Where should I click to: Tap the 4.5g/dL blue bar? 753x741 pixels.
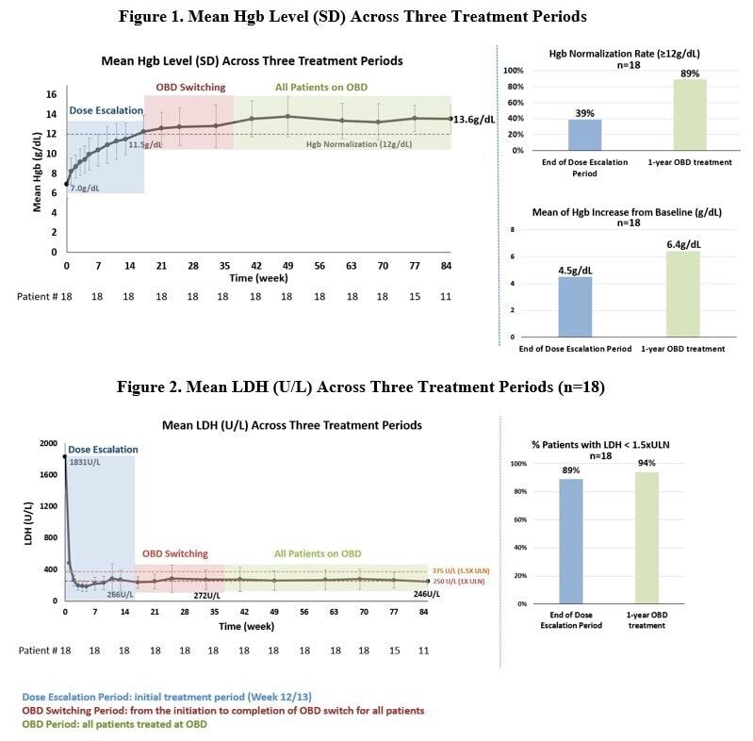point(575,306)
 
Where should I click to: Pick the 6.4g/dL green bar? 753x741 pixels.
point(683,293)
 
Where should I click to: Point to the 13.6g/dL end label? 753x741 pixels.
point(474,120)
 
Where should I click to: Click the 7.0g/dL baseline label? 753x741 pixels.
point(85,189)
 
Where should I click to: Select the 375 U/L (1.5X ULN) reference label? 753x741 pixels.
point(462,570)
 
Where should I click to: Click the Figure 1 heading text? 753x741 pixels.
point(352,16)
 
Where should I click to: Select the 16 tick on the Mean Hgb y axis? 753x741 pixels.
point(52,93)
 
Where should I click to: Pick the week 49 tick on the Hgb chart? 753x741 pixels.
point(287,267)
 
